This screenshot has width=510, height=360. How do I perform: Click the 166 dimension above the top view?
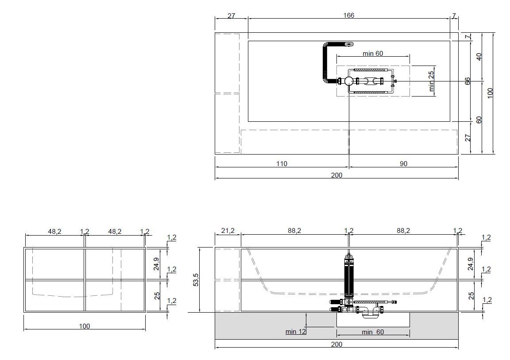pyautogui.click(x=349, y=15)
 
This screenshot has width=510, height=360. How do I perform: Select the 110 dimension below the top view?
pyautogui.click(x=282, y=164)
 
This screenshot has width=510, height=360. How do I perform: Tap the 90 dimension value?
pyautogui.click(x=403, y=164)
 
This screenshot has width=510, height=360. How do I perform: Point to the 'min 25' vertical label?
pyautogui.click(x=431, y=81)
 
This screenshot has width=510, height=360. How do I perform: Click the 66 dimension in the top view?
pyautogui.click(x=467, y=81)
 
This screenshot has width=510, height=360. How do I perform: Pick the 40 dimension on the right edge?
pyautogui.click(x=479, y=57)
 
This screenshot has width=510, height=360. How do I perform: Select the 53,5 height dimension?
pyautogui.click(x=196, y=280)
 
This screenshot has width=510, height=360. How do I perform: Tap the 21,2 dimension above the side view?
pyautogui.click(x=228, y=231)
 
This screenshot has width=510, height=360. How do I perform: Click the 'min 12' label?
pyautogui.click(x=296, y=332)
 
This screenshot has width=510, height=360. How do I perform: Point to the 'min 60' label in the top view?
pyautogui.click(x=373, y=53)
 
